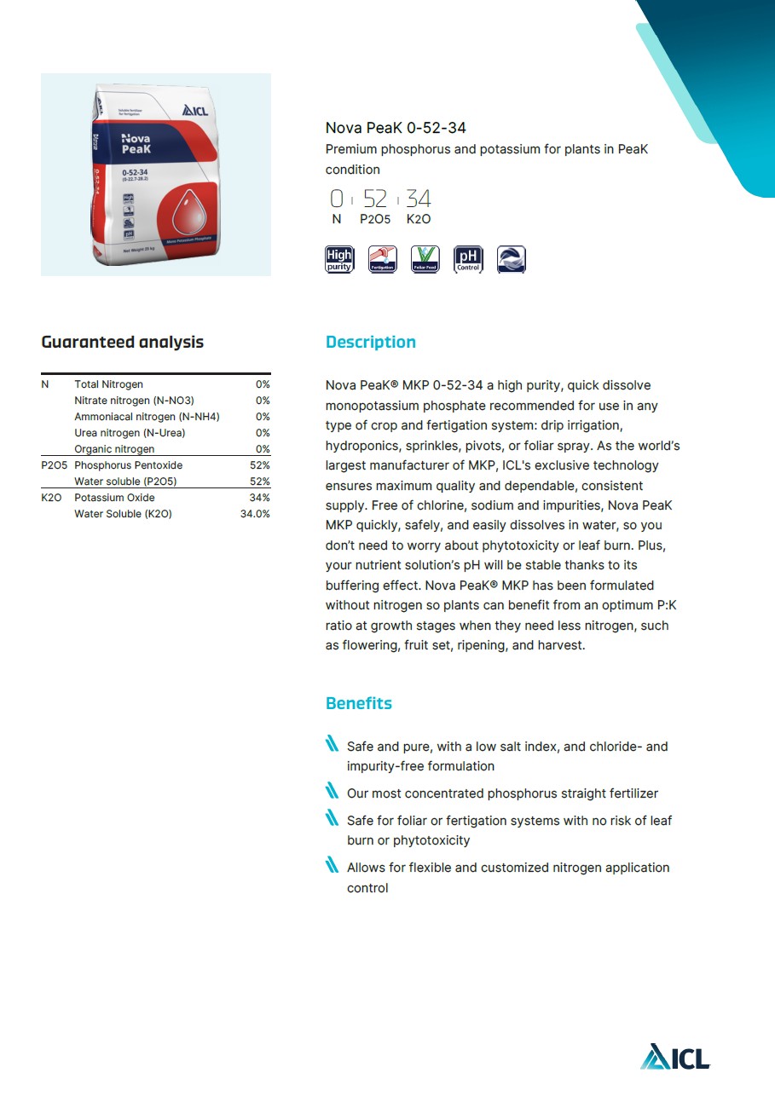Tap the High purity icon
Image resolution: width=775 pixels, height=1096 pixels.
pyautogui.click(x=339, y=259)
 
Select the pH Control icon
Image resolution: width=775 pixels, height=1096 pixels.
pyautogui.click(x=468, y=259)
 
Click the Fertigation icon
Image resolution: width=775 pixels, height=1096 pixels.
pyautogui.click(x=383, y=259)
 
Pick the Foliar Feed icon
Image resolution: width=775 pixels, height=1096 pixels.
pyautogui.click(x=425, y=259)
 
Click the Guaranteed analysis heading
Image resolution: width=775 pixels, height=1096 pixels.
pyautogui.click(x=123, y=343)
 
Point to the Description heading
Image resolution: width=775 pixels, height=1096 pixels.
pyautogui.click(x=371, y=343)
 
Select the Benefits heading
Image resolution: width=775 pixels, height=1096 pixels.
pyautogui.click(x=359, y=704)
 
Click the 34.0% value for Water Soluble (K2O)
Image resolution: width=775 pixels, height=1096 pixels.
pyautogui.click(x=255, y=514)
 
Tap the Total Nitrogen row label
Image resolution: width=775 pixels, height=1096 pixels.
pyautogui.click(x=108, y=384)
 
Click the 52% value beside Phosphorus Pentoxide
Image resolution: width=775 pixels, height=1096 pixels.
pyautogui.click(x=260, y=465)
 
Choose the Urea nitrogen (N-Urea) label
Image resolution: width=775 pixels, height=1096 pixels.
pyautogui.click(x=130, y=433)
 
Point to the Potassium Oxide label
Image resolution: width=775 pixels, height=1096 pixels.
pyautogui.click(x=114, y=498)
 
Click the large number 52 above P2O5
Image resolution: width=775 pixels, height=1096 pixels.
pyautogui.click(x=375, y=199)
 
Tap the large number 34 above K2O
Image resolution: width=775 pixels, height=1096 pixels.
pyautogui.click(x=419, y=199)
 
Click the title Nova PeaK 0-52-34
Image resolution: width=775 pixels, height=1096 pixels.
pyautogui.click(x=396, y=129)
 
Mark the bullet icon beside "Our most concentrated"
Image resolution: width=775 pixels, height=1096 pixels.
pyautogui.click(x=333, y=793)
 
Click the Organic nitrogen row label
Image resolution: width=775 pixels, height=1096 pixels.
pyautogui.click(x=114, y=449)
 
